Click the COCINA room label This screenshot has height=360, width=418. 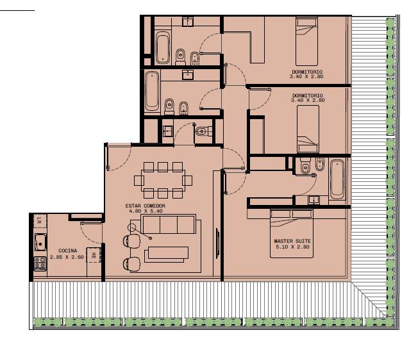[x=68, y=250]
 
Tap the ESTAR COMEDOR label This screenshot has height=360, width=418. [x=146, y=206]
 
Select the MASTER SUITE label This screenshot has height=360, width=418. [x=292, y=241]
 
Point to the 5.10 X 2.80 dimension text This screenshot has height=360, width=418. [x=292, y=247]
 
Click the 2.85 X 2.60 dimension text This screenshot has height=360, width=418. [x=67, y=257]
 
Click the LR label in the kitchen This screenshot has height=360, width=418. [x=39, y=220]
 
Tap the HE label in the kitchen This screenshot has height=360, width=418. [x=94, y=256]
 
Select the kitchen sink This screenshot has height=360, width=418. [x=40, y=242]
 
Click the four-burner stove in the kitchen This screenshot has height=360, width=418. [x=40, y=263]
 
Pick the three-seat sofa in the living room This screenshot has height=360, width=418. [x=169, y=224]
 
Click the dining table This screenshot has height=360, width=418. [x=163, y=180]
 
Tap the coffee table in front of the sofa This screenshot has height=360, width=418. [x=167, y=254]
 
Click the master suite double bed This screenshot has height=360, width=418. [x=292, y=234]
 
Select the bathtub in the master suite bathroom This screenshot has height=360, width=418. [x=337, y=179]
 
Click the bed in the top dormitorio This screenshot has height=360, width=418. [x=306, y=42]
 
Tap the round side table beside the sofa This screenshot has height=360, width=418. [x=131, y=227]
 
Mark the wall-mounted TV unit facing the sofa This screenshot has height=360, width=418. [x=217, y=243]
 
